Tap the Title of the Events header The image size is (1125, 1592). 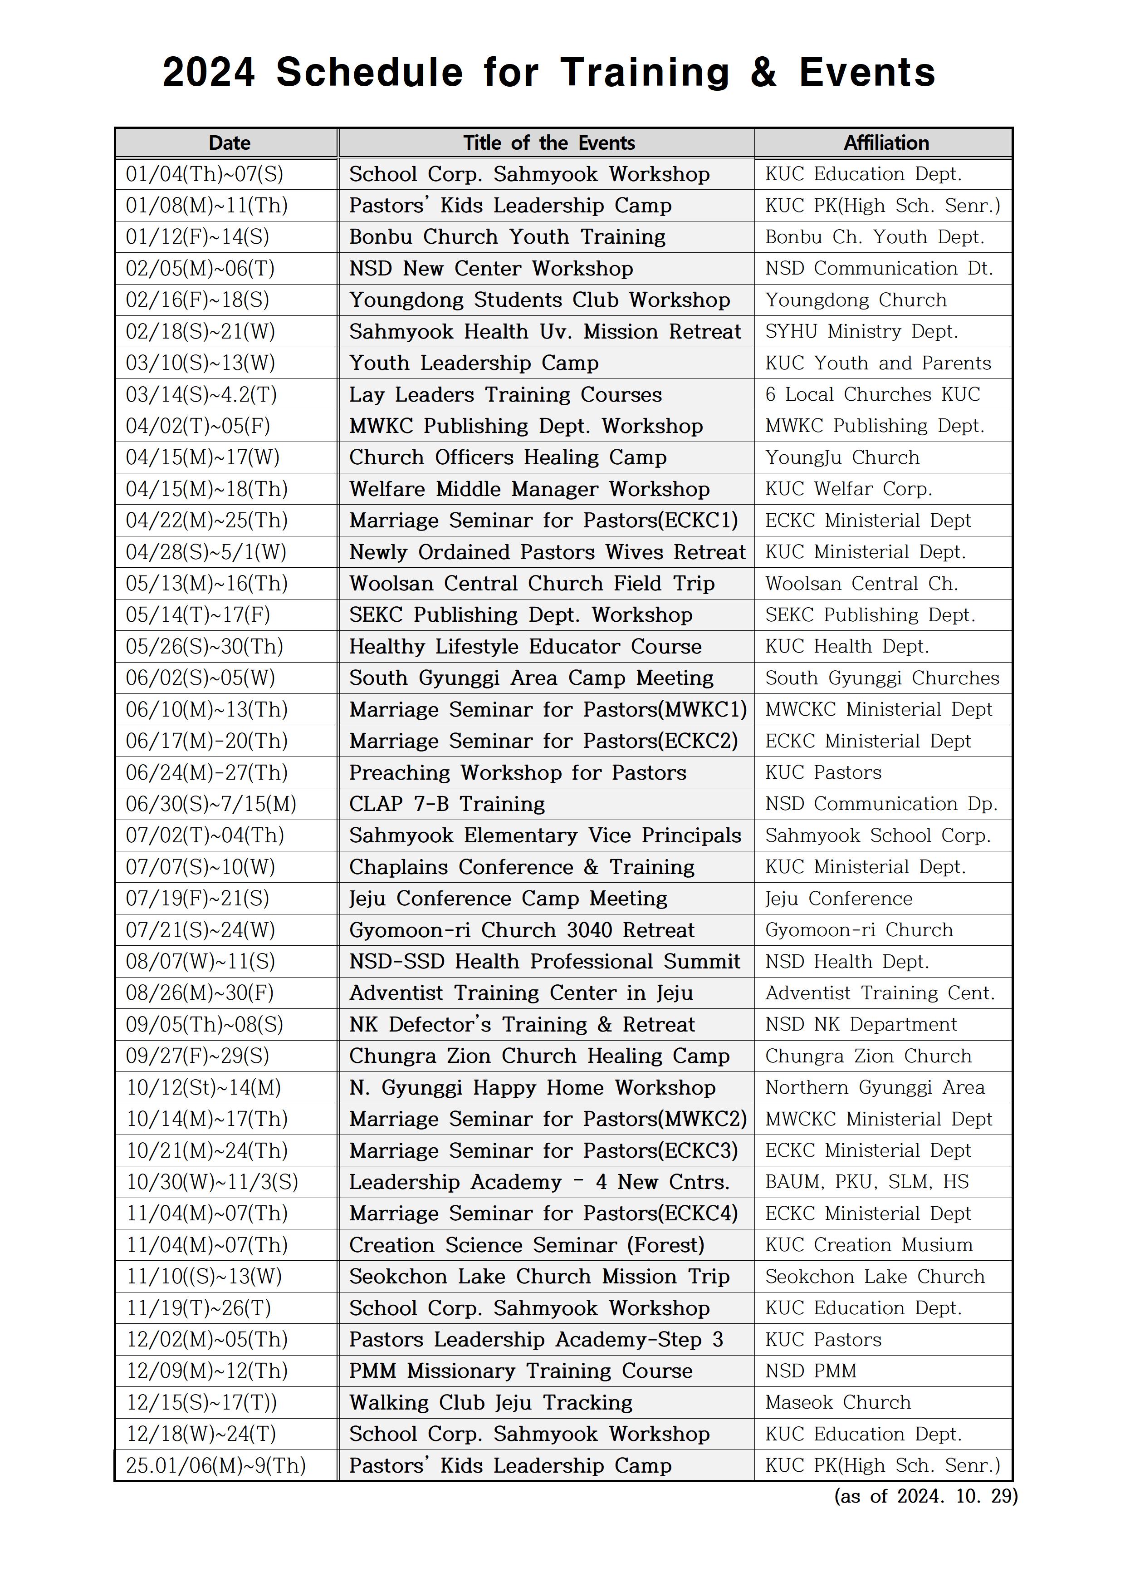[x=548, y=143]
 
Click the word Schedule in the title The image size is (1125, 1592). [x=369, y=73]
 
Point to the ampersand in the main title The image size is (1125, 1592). [x=763, y=73]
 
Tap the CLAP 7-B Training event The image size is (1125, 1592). [x=447, y=804]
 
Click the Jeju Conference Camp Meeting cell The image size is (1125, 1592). [x=508, y=899]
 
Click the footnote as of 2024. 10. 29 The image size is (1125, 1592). [x=925, y=1496]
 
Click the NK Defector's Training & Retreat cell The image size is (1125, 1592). [x=521, y=1025]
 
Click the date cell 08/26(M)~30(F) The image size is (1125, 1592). [x=200, y=993]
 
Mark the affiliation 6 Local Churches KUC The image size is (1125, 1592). [x=872, y=394]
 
